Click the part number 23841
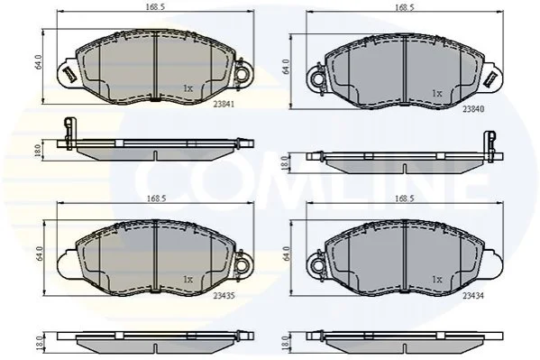224,104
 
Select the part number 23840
473,109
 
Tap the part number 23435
224,296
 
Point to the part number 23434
473,296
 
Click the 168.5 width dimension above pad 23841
156,6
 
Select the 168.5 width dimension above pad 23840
405,6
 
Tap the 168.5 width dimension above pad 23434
405,198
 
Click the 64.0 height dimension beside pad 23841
38,61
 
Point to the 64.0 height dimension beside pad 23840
286,67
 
